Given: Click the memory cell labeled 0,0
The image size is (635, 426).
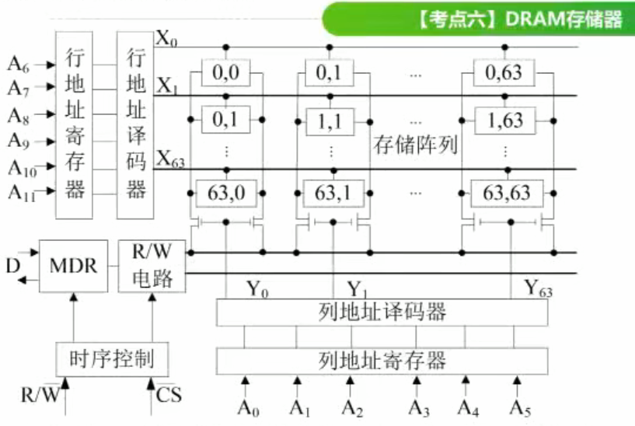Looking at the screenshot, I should click(225, 75).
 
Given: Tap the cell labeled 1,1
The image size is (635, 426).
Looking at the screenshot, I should click(333, 121).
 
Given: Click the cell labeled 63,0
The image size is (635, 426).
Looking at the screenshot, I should click(225, 192).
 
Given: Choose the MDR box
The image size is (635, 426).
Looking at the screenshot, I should click(73, 266).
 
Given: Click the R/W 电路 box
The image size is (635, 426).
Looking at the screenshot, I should click(152, 266).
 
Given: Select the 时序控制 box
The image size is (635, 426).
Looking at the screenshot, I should click(112, 359).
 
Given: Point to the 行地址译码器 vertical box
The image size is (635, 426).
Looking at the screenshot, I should click(137, 124).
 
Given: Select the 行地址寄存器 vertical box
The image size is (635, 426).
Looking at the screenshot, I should click(75, 124).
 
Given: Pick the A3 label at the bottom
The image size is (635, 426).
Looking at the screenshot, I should click(419, 406).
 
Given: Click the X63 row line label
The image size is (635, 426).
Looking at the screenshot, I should click(173, 160).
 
